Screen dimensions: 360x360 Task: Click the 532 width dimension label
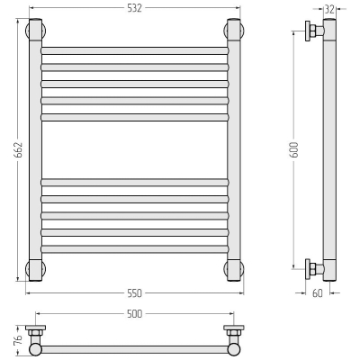(x=134, y=8)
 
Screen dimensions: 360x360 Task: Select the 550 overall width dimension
(x=134, y=293)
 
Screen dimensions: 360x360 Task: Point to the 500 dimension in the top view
(x=134, y=314)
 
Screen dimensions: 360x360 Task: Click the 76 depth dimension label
(x=19, y=339)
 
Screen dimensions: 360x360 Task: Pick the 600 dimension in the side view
(x=294, y=150)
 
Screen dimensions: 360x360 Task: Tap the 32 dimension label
(x=329, y=9)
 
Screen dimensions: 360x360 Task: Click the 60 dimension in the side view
(x=318, y=293)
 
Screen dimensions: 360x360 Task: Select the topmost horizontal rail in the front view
(x=135, y=50)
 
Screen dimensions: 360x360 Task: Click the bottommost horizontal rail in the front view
(x=135, y=249)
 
